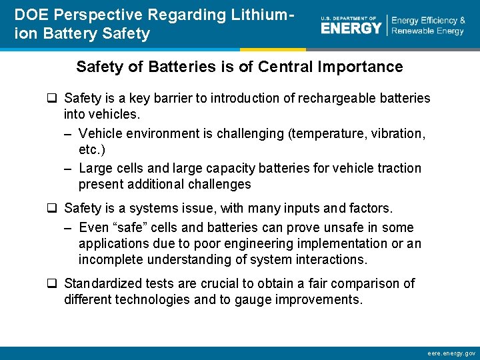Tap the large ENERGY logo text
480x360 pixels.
point(351,28)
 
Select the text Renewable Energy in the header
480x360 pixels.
point(427,31)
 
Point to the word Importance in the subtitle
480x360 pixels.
point(367,67)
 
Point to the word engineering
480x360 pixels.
point(248,243)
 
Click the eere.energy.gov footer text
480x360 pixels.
point(451,353)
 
